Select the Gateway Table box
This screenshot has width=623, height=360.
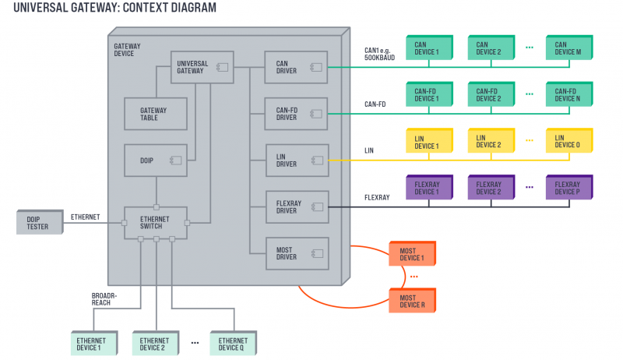[x=156, y=114]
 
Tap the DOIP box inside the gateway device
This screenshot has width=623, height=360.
[x=156, y=160]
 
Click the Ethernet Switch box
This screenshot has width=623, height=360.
[x=156, y=222]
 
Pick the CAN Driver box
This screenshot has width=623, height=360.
[x=297, y=67]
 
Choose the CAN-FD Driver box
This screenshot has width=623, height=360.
[x=297, y=114]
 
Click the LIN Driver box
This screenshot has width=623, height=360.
[x=297, y=160]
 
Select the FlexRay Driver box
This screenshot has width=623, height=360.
[x=297, y=206]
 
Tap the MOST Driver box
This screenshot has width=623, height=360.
[x=297, y=252]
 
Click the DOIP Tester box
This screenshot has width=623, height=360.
[x=37, y=221]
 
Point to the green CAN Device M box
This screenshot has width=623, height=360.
[x=568, y=48]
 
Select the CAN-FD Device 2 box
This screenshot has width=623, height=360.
[x=490, y=95]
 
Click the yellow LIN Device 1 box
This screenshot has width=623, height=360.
[x=427, y=142]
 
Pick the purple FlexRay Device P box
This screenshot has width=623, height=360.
[x=568, y=188]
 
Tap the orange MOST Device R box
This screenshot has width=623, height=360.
[x=411, y=302]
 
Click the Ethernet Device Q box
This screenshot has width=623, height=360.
[x=232, y=344]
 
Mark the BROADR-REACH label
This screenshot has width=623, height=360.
[x=105, y=299]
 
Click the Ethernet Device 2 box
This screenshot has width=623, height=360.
[x=154, y=344]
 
